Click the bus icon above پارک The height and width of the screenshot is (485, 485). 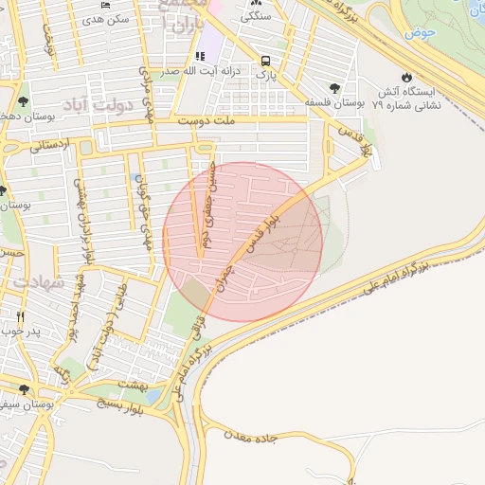coord(267,57)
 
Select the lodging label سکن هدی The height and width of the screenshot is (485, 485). coord(105,19)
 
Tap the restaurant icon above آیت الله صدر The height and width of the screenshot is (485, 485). coord(199,56)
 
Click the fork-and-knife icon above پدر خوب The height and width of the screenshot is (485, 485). coord(20,315)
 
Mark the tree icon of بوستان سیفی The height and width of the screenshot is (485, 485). coord(24,389)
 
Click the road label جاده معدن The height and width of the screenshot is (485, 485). coord(255,437)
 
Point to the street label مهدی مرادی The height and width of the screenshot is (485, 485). coord(146,93)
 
